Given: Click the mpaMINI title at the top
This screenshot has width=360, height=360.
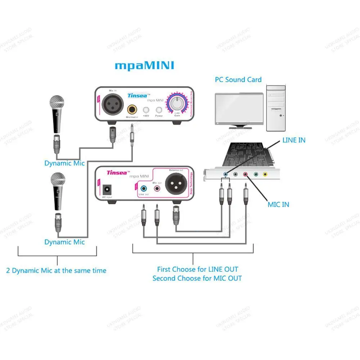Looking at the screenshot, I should click(x=144, y=66).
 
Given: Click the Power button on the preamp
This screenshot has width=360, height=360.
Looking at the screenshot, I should click(x=159, y=110).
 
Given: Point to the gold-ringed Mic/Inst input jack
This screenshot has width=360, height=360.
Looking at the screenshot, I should click(x=132, y=108).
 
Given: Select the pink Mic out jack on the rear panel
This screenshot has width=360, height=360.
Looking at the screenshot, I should click(x=157, y=188).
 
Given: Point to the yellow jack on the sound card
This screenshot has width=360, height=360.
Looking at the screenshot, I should click(x=265, y=175).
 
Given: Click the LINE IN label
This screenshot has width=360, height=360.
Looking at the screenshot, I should click(x=294, y=140).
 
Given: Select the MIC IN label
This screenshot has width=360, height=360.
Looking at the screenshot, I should click(x=278, y=204).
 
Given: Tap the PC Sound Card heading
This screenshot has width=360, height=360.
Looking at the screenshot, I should click(x=238, y=80).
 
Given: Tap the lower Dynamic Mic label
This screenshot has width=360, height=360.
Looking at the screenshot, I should click(x=64, y=242).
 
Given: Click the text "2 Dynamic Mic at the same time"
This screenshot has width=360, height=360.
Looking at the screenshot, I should click(x=56, y=270).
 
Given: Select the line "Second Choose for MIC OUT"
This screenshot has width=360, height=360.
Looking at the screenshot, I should click(x=197, y=278).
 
